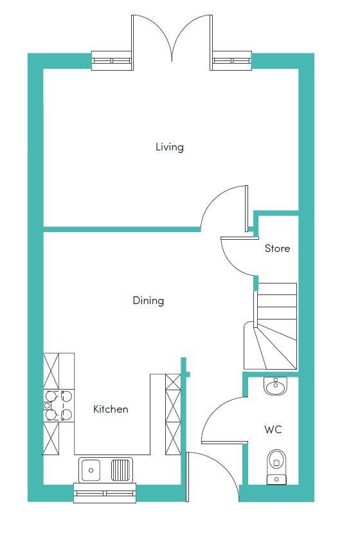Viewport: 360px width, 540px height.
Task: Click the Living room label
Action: point(170,147)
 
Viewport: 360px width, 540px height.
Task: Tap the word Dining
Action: point(148,300)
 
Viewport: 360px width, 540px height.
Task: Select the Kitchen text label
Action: point(111,409)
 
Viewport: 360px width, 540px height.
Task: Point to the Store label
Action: point(277,248)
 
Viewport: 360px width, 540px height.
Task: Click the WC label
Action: point(273,429)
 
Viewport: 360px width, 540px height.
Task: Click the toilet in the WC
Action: point(276,467)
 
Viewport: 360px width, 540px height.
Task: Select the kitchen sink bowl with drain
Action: point(91,470)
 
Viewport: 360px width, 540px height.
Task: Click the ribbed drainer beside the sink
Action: point(121,469)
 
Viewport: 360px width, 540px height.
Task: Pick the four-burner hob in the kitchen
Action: point(59,406)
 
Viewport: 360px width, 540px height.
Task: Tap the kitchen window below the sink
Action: point(105,493)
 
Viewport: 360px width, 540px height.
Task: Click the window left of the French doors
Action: point(113,60)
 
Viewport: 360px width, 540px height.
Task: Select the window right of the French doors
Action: point(231,60)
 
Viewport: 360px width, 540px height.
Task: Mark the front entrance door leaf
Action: point(188,477)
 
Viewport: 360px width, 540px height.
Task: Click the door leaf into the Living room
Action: point(247,209)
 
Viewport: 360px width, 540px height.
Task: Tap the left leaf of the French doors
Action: point(132,42)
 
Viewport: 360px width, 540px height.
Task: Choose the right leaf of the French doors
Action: point(211,42)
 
